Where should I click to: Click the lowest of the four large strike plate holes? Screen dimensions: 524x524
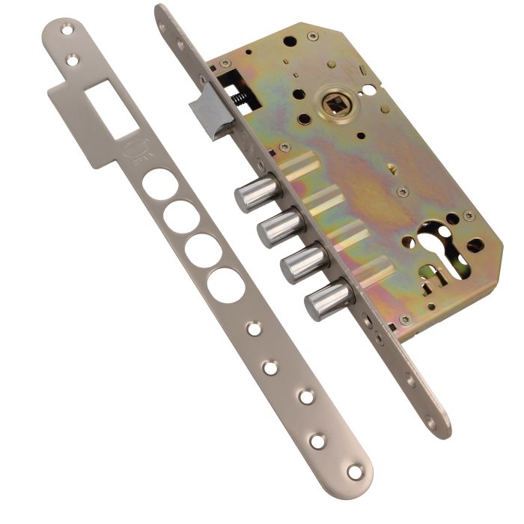pos(225,284)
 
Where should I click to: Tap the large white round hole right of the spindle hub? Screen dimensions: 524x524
pos(370,90)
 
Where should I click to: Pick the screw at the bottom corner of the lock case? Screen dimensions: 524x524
pos(405,320)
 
